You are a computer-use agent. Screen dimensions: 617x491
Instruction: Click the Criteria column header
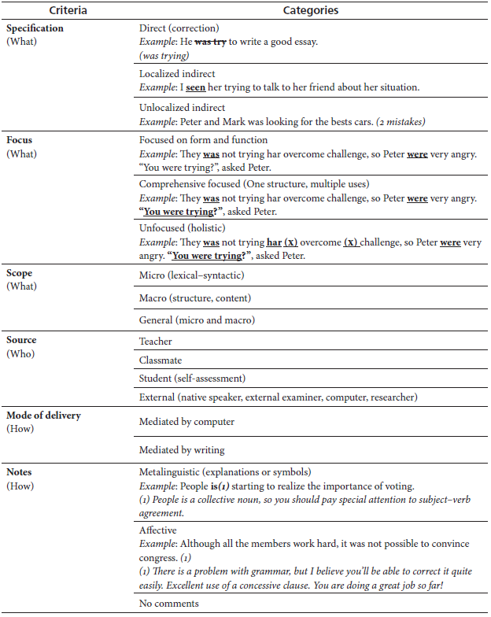[68, 11]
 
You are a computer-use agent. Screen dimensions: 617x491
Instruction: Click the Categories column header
[312, 11]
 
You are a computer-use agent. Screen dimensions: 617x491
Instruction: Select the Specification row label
[35, 28]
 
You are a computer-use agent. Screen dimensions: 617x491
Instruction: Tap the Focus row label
[20, 140]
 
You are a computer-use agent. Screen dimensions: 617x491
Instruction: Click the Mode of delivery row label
[44, 415]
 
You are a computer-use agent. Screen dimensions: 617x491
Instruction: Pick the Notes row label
[20, 472]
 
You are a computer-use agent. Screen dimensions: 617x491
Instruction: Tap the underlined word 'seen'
[195, 87]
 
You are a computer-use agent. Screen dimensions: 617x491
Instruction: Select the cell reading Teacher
[156, 342]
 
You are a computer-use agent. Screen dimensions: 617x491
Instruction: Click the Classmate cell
[161, 360]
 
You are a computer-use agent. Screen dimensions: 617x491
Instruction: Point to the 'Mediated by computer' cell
[186, 422]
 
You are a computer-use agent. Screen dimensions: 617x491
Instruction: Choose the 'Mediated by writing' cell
[182, 450]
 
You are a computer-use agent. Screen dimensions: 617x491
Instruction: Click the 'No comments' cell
[168, 604]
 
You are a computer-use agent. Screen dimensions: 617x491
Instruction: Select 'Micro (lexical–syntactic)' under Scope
[190, 275]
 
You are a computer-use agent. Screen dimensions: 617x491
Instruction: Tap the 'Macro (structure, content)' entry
[194, 297]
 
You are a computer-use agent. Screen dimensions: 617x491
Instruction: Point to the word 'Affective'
[158, 531]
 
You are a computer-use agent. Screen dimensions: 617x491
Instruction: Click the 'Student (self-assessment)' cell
[192, 379]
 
